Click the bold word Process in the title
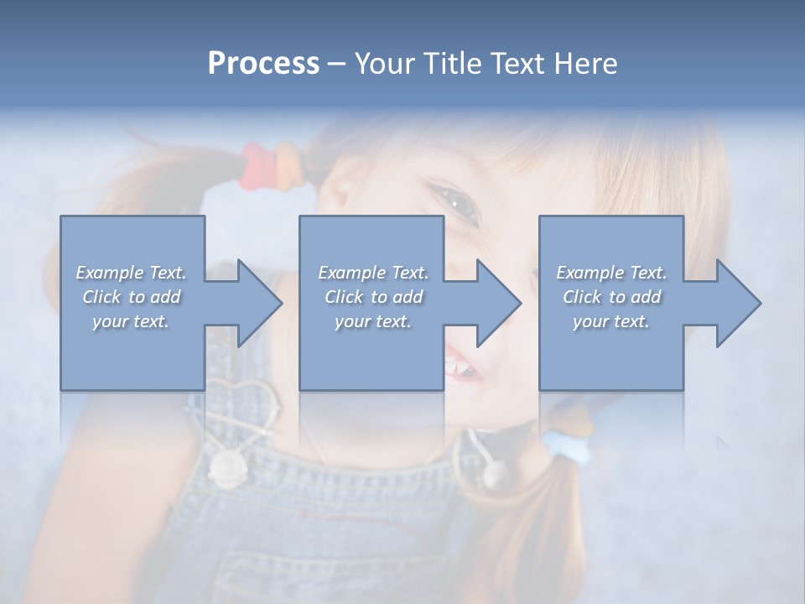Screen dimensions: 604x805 click(263, 64)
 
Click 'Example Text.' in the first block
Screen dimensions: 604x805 click(131, 273)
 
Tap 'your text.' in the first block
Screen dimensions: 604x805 click(131, 321)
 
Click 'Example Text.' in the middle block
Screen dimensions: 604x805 click(372, 273)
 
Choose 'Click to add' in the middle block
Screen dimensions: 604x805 click(372, 297)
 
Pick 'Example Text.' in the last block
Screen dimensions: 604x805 click(611, 273)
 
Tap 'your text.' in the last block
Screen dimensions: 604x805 click(611, 321)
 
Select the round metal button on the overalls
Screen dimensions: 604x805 click(227, 466)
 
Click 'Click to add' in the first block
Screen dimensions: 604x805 click(131, 297)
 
